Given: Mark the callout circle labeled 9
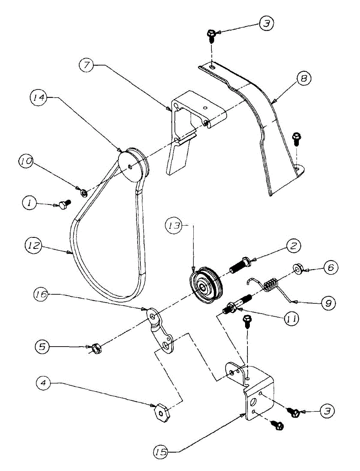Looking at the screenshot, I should pos(328,303).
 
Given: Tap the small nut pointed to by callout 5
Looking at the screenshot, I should pos(95,348).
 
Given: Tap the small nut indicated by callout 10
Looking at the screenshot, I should pos(83,193).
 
